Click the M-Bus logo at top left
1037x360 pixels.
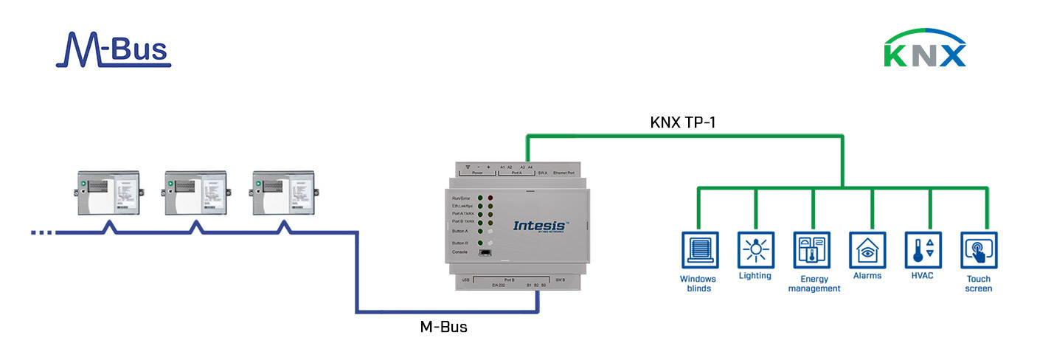pos(113,49)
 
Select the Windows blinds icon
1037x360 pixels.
pos(697,250)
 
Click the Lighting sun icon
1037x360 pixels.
pos(755,250)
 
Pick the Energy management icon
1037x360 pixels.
pos(812,250)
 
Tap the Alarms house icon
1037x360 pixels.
pos(867,250)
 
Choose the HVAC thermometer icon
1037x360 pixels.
pos(923,250)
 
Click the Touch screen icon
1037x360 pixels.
pos(979,250)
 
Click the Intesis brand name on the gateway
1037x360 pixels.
pos(541,225)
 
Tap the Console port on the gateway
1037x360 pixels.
pos(485,253)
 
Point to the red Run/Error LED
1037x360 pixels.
pos(490,199)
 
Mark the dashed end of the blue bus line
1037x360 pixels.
pos(42,233)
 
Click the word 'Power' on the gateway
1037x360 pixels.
pos(479,173)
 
